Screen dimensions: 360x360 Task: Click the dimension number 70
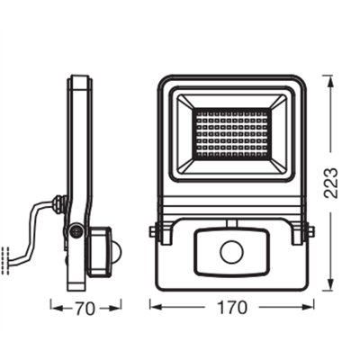tap(85, 308)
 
